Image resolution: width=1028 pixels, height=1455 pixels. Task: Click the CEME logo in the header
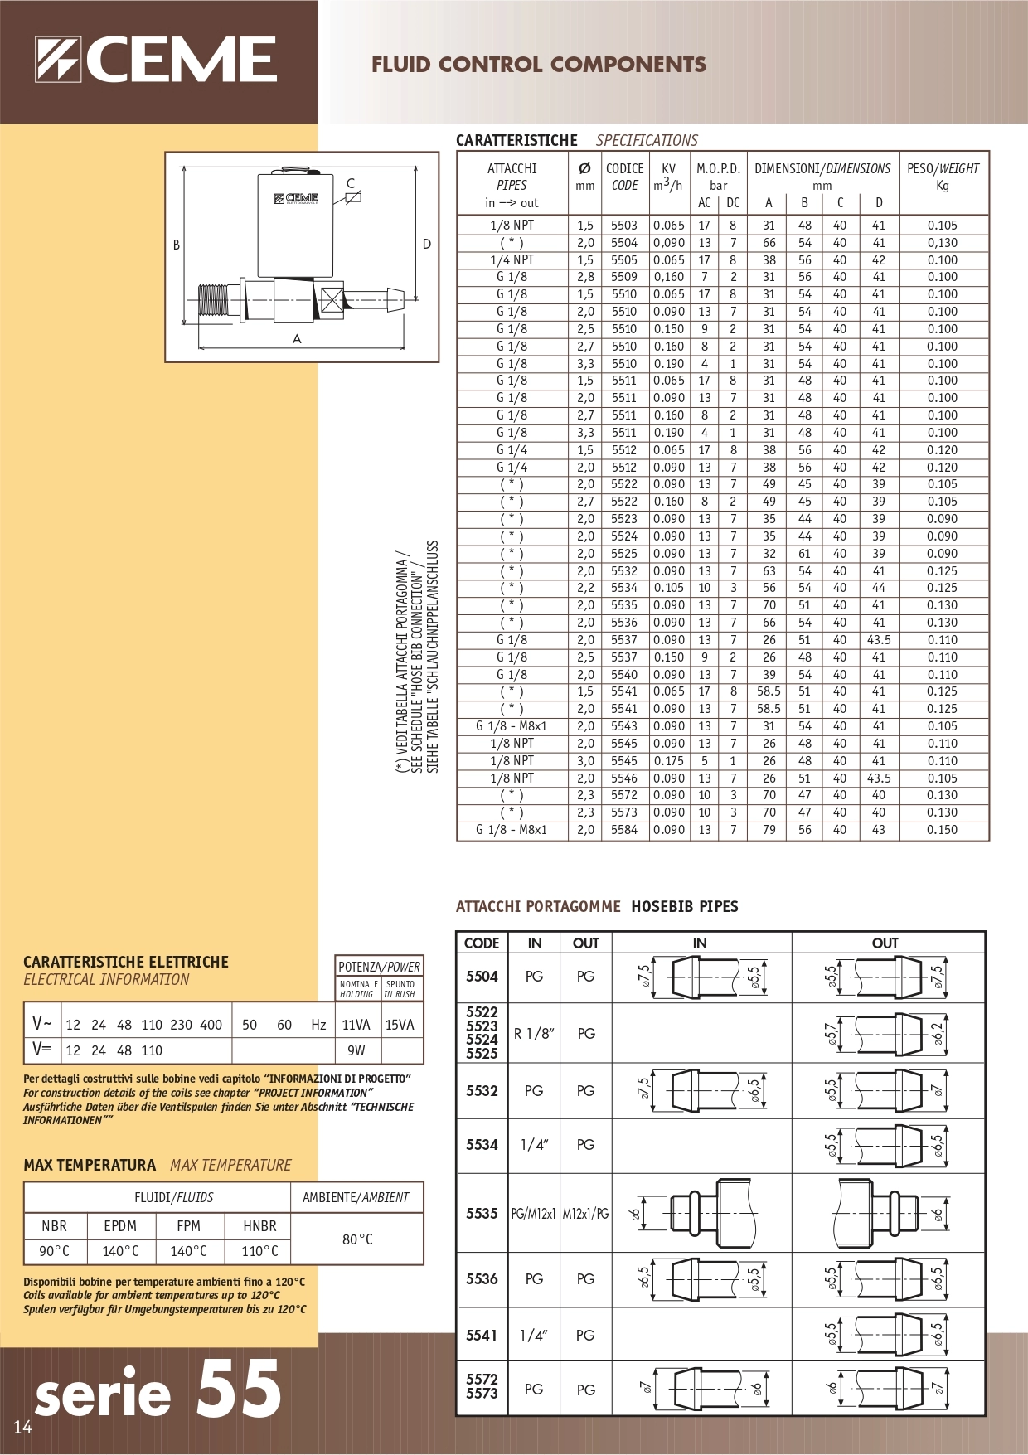click(155, 60)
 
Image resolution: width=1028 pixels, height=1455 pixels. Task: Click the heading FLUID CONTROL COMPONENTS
click(538, 65)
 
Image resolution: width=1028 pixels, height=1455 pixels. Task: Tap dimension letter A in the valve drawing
click(297, 338)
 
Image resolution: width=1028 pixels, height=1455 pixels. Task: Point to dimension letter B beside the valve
click(176, 245)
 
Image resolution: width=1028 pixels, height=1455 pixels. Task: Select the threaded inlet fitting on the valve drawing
click(214, 301)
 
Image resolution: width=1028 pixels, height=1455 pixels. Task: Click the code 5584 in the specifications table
click(624, 830)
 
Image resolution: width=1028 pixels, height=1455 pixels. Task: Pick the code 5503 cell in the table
click(624, 226)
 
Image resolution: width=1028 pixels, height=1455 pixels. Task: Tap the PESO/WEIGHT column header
click(943, 169)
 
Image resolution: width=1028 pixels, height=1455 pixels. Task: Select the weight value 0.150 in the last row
click(943, 830)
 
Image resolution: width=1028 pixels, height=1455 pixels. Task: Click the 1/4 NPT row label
click(512, 260)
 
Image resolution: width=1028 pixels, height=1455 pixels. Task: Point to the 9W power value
click(356, 1050)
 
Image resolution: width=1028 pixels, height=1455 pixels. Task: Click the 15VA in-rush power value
click(400, 1025)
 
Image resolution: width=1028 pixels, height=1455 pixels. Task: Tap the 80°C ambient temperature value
click(357, 1239)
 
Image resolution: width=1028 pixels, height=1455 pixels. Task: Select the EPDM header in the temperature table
click(120, 1226)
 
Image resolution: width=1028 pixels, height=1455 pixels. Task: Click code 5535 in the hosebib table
click(482, 1214)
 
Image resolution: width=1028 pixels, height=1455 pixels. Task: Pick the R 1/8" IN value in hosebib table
click(534, 1034)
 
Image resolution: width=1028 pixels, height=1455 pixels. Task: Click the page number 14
click(22, 1427)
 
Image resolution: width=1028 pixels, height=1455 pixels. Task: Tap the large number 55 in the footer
click(239, 1390)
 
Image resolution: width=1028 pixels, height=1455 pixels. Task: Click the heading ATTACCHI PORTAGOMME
click(538, 906)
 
